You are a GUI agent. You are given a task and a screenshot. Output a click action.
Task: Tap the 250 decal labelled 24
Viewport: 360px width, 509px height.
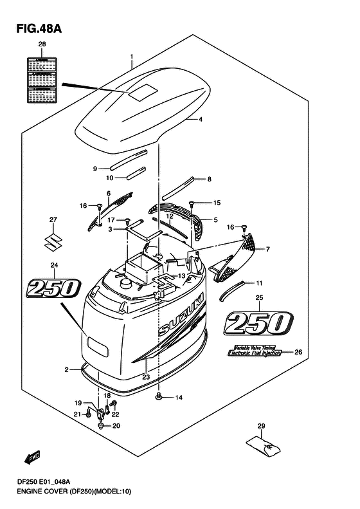pos(53,288)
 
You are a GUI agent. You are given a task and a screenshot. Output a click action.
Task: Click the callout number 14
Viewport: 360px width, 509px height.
pos(179,398)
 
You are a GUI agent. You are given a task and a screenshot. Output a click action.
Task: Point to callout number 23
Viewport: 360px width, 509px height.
pos(146,378)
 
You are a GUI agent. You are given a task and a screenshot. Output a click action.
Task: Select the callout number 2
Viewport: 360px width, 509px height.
pos(66,369)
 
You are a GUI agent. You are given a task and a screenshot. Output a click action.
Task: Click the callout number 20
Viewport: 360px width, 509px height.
pos(116,426)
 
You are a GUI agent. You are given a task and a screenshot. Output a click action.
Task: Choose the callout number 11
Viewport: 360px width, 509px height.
pos(260,283)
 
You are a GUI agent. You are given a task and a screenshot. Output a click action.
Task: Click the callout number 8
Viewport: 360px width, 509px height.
pos(209,178)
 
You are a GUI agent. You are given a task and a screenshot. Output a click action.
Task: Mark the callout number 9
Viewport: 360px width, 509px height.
pos(94,169)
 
